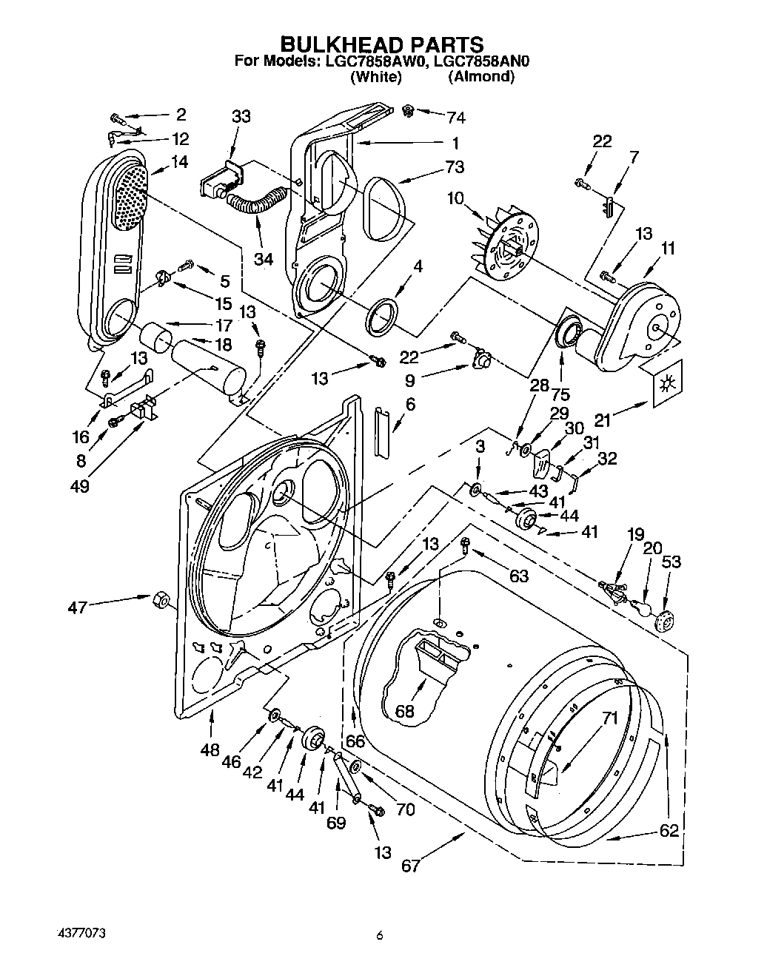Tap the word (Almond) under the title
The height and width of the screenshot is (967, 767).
coord(480,76)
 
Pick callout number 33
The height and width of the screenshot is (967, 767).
coord(241,116)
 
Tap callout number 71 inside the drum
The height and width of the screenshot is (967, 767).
coord(609,717)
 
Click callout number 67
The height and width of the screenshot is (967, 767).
coord(411,866)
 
